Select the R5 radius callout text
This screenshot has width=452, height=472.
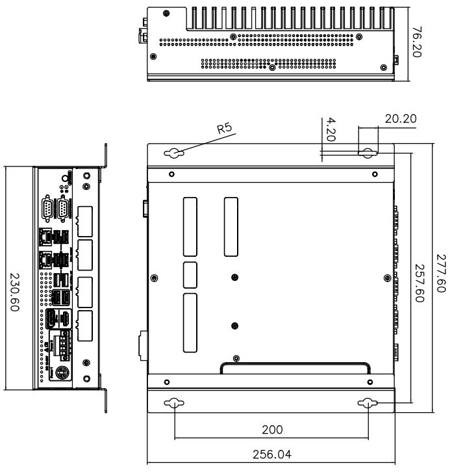[x=225, y=129]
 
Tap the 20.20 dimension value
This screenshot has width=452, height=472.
[x=401, y=119]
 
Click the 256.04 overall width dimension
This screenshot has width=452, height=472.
[x=271, y=454]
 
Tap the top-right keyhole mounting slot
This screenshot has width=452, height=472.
[x=368, y=154]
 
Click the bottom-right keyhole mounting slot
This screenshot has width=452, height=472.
[x=368, y=404]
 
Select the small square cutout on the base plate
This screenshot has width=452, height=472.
[x=191, y=274]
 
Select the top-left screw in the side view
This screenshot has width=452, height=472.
[x=168, y=13]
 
